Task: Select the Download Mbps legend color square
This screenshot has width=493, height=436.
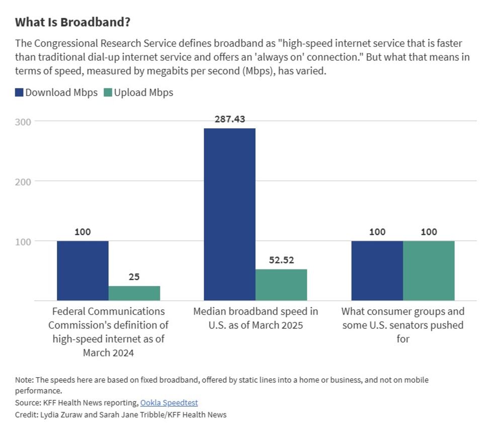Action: [x=19, y=93]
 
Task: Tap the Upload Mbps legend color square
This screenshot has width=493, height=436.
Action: [x=108, y=93]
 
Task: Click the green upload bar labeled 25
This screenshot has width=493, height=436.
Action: [x=134, y=293]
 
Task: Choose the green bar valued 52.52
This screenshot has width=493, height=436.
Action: [x=281, y=285]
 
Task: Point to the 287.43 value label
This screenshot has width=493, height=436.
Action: [x=229, y=120]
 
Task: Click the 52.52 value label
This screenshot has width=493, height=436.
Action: [x=281, y=260]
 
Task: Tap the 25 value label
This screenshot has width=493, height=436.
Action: [x=134, y=277]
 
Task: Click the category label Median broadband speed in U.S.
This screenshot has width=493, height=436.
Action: [x=256, y=318]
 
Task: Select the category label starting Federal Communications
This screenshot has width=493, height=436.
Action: [x=108, y=311]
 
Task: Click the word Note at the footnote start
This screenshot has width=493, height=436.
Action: [x=23, y=380]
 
